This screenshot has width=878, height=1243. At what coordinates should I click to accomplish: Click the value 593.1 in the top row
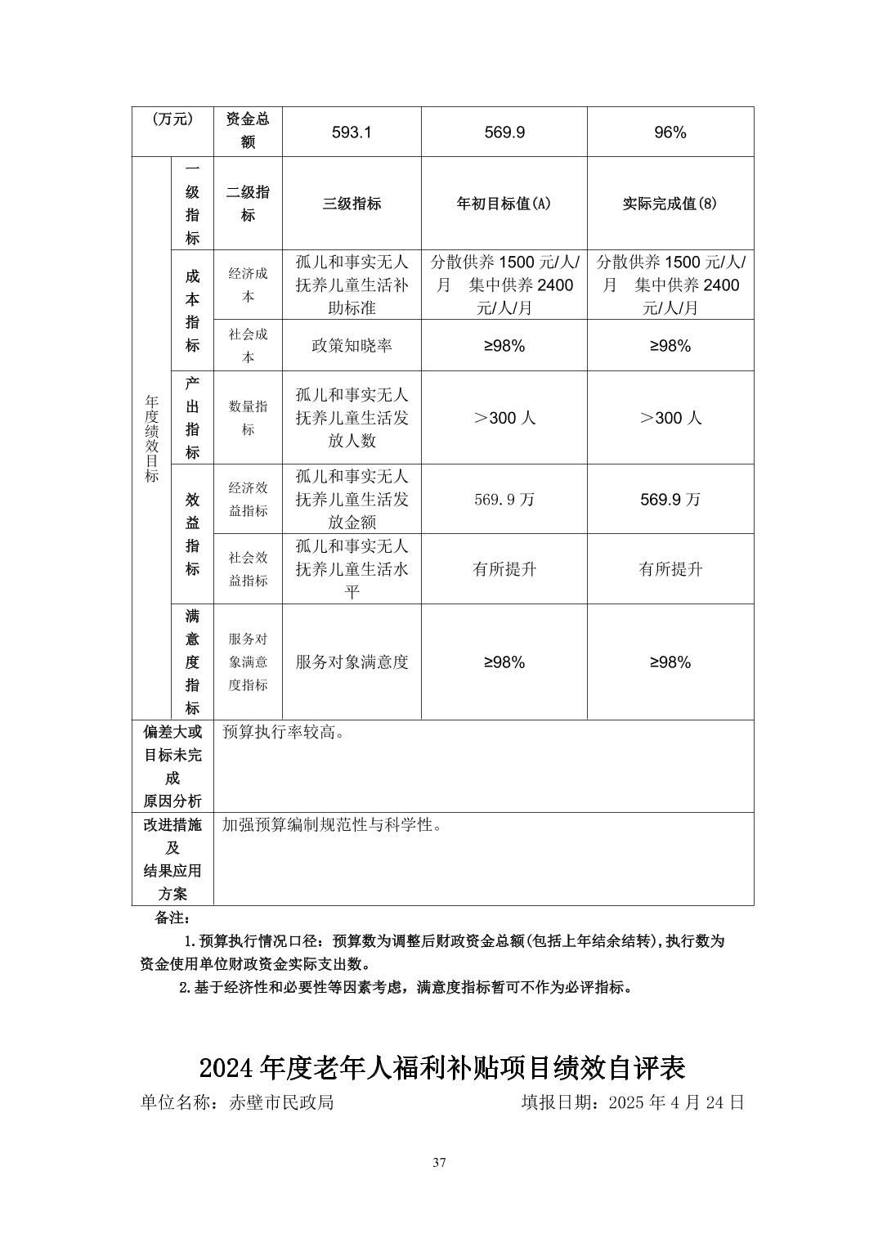[x=352, y=132]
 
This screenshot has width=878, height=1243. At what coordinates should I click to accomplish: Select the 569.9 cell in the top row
[x=504, y=132]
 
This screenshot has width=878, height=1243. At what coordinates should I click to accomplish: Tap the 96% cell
[x=670, y=132]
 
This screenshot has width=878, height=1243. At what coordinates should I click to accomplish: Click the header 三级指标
[x=352, y=204]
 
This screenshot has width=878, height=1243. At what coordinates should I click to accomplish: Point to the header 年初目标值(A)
[x=504, y=204]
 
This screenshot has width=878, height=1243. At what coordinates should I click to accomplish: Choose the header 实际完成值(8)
[x=670, y=204]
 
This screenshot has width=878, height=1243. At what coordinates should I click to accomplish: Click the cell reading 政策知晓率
[x=352, y=346]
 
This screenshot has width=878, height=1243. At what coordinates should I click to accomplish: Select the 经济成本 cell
[x=248, y=285]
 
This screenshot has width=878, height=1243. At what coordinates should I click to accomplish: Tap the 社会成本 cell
[x=248, y=345]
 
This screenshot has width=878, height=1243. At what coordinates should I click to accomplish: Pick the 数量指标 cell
[x=248, y=417]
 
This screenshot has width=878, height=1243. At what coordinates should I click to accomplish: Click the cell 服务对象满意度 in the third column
[x=352, y=662]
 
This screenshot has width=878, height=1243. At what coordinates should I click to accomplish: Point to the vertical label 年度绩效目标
[x=152, y=438]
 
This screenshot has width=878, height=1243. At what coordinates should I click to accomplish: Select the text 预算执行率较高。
[x=284, y=733]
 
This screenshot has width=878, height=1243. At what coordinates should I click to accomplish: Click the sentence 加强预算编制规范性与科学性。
[x=333, y=825]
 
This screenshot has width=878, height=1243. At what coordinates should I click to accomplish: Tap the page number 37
[x=440, y=1163]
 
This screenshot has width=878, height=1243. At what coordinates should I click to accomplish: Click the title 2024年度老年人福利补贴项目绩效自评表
[x=442, y=1068]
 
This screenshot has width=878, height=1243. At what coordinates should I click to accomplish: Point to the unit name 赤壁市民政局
[x=280, y=1102]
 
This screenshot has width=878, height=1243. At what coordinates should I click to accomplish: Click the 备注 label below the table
[x=172, y=918]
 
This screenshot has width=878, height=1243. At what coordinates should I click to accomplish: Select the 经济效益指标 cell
[x=248, y=499]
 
